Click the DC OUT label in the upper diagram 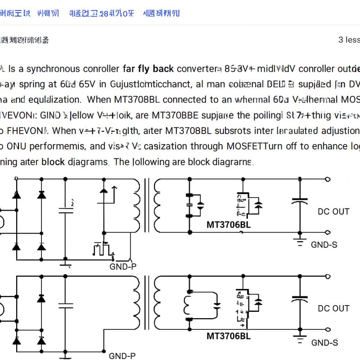[333, 211]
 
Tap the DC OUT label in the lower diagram [333, 308]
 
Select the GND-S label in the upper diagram [324, 245]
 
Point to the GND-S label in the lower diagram [324, 343]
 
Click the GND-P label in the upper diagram [123, 266]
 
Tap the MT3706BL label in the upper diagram [229, 225]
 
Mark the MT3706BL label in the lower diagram [229, 336]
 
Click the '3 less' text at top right [349, 40]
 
